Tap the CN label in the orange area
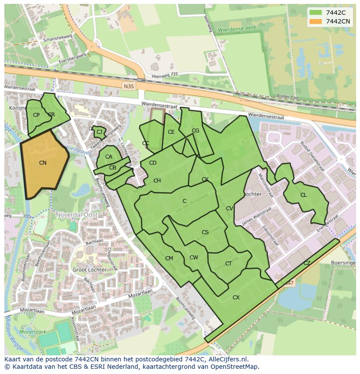click(x=43, y=163)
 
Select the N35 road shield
click(x=129, y=86)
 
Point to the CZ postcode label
click(x=307, y=263)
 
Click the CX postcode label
click(x=236, y=298)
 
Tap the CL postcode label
click(x=303, y=195)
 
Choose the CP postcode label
click(x=36, y=115)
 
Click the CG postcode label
click(x=195, y=131)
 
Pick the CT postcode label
click(x=228, y=264)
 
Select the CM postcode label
click(x=169, y=258)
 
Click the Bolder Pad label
click(x=287, y=96)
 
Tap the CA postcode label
click(x=109, y=157)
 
